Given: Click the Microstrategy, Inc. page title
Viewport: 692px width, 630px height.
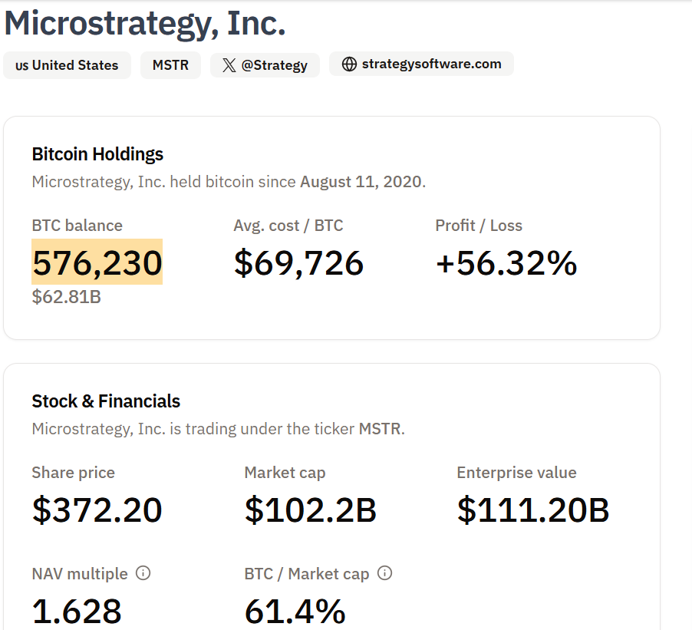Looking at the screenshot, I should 145,23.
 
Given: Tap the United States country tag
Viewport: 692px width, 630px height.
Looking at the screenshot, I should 67,65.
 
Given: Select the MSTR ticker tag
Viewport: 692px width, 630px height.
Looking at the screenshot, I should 170,65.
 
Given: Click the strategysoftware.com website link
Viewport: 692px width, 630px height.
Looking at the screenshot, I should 421,64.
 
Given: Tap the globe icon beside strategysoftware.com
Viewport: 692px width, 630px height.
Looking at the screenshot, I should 349,64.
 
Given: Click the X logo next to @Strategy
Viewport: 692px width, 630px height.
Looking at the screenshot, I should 229,65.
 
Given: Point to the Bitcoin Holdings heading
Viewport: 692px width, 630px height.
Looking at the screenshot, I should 97,154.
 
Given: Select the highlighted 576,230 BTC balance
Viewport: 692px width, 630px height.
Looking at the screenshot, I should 97,262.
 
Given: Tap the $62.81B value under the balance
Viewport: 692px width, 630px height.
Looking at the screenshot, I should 66,296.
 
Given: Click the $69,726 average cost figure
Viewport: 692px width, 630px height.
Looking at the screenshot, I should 298,262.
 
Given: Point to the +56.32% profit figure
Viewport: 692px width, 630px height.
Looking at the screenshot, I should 506,262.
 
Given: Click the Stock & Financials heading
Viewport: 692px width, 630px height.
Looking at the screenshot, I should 106,401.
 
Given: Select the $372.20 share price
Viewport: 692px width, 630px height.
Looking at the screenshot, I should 97,510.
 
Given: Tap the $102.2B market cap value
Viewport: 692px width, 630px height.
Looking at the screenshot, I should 310,510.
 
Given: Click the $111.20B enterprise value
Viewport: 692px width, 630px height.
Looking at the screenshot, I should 533,510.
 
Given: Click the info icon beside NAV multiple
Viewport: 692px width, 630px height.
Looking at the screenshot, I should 143,573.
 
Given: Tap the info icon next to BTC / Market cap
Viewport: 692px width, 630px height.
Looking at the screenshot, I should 385,573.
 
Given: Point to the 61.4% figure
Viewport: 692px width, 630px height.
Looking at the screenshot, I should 295,612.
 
